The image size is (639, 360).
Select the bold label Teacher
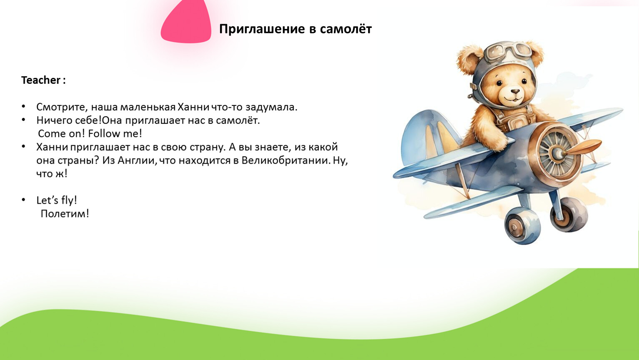41,80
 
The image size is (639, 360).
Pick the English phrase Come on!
61,133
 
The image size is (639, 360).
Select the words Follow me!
115,133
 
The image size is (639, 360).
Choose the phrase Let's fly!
57,200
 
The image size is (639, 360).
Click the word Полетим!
65,214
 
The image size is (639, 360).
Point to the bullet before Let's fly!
23,200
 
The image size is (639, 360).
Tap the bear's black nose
515,92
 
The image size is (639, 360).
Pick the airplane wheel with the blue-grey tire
522,226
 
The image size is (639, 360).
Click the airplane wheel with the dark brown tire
568,214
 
